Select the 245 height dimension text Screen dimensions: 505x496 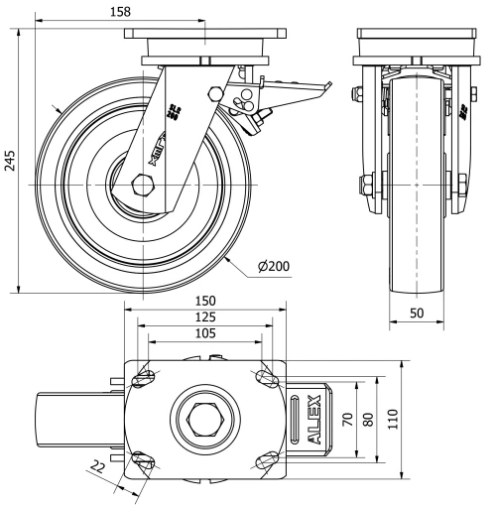[10, 162]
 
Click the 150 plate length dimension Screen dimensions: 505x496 [205, 300]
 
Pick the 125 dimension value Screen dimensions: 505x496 [205, 316]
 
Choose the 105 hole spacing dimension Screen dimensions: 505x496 [205, 333]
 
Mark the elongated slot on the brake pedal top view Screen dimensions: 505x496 [294, 418]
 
